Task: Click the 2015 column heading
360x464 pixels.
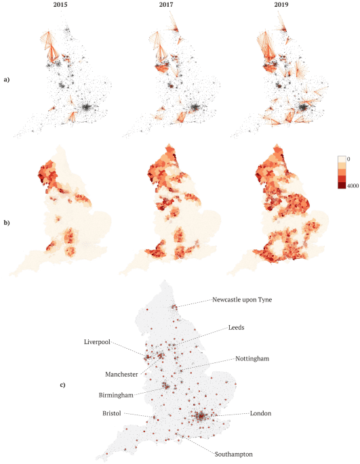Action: click(63, 7)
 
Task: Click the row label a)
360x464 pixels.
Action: click(6, 81)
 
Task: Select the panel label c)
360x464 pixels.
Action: click(62, 385)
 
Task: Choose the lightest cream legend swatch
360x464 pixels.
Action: click(342, 159)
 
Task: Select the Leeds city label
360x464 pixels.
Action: click(237, 326)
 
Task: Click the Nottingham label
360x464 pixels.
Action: click(253, 358)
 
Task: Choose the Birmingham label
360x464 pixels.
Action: click(113, 394)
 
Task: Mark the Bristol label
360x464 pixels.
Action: click(113, 411)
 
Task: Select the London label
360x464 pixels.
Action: click(261, 413)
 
